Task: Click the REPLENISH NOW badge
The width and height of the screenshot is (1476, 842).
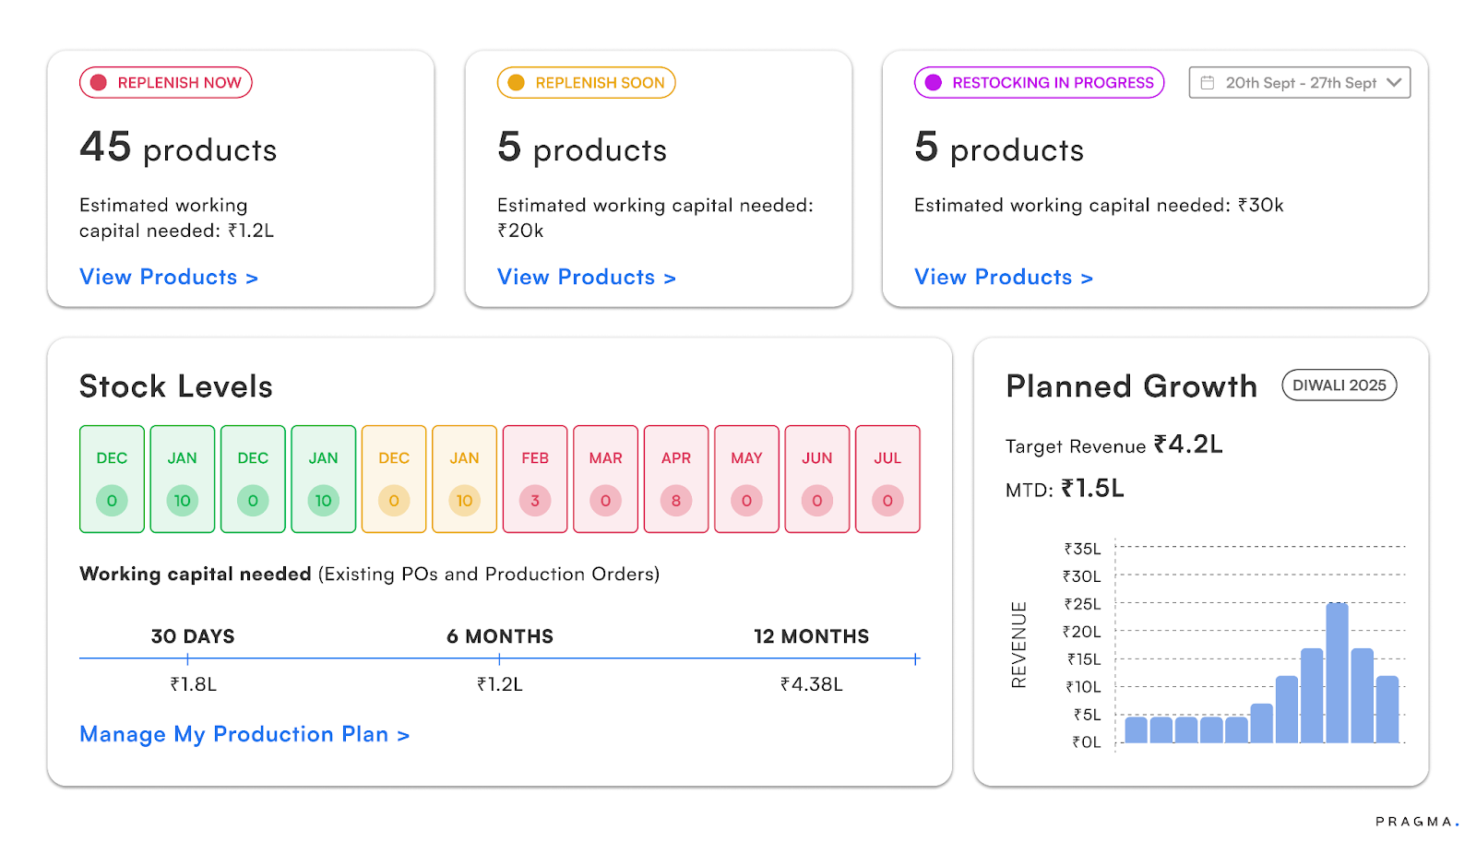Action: [166, 83]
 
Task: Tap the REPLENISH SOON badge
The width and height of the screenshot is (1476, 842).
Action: [587, 83]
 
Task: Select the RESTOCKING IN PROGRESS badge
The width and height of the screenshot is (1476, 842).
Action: [1039, 83]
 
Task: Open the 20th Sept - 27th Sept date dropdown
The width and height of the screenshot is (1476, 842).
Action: [1299, 83]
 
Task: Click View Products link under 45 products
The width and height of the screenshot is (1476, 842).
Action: [169, 278]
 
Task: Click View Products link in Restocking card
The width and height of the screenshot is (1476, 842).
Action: [1004, 278]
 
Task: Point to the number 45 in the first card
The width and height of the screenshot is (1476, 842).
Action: [105, 148]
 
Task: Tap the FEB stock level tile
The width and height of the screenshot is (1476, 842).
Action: [535, 479]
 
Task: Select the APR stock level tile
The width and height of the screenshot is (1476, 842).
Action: [676, 479]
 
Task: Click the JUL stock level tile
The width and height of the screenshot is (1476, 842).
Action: [887, 479]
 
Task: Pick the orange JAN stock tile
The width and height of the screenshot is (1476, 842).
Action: [464, 479]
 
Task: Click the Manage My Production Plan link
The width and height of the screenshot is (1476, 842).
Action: [244, 735]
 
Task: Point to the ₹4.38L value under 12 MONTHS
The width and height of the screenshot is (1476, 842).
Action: [811, 684]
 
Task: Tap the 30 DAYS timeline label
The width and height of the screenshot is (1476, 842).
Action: [193, 636]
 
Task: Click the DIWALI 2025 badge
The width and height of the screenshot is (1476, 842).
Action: [1339, 385]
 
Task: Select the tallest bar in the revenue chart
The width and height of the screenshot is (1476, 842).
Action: [1337, 673]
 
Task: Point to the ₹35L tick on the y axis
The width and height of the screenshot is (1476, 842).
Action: [1082, 549]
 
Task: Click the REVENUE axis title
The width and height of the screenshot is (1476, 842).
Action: [1018, 645]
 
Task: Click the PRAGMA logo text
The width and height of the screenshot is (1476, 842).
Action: [1415, 822]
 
